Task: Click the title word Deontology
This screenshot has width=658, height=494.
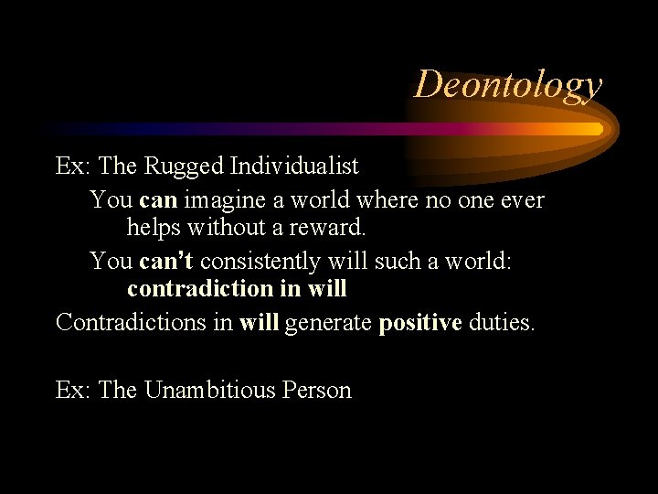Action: (x=508, y=84)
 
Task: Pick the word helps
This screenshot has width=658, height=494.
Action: (x=157, y=229)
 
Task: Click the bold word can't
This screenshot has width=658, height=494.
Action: (x=166, y=261)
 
